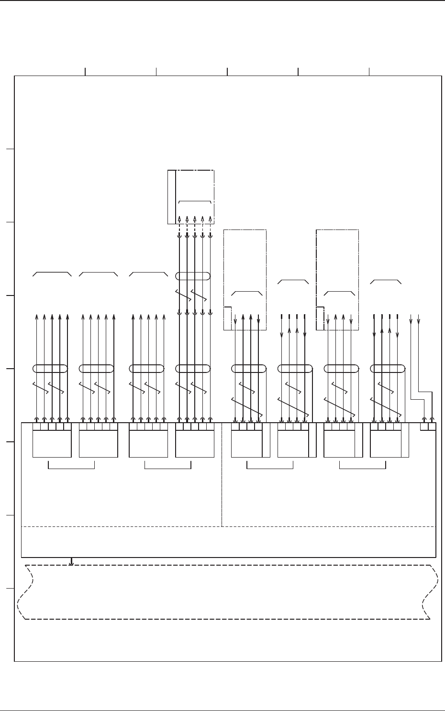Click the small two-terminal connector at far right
[428, 427]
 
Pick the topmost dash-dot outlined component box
[191, 197]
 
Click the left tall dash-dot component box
[245, 280]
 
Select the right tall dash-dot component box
[338, 280]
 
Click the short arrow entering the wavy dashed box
[71, 561]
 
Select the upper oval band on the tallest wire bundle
[193, 276]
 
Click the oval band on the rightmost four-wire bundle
[388, 368]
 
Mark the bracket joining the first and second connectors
[72, 466]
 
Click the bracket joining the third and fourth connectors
[168, 466]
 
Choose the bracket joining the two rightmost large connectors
[362, 466]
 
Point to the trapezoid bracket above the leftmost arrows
[52, 273]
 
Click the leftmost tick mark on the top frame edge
[85, 72]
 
